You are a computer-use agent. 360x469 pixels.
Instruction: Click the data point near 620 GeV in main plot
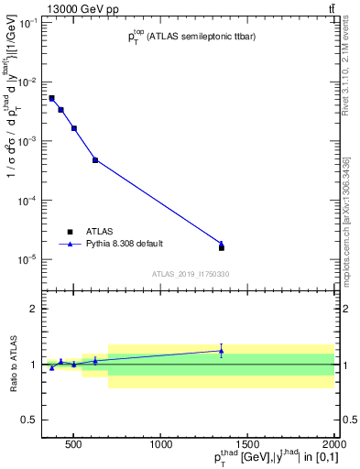pyautogui.click(x=95, y=160)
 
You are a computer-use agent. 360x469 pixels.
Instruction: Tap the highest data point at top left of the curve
pyautogui.click(x=51, y=98)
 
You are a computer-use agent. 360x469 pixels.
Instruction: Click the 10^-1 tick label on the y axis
pyautogui.click(x=28, y=23)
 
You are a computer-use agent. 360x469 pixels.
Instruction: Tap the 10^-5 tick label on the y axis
pyautogui.click(x=28, y=259)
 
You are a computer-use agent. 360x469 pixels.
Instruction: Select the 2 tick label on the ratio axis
pyautogui.click(x=33, y=309)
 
